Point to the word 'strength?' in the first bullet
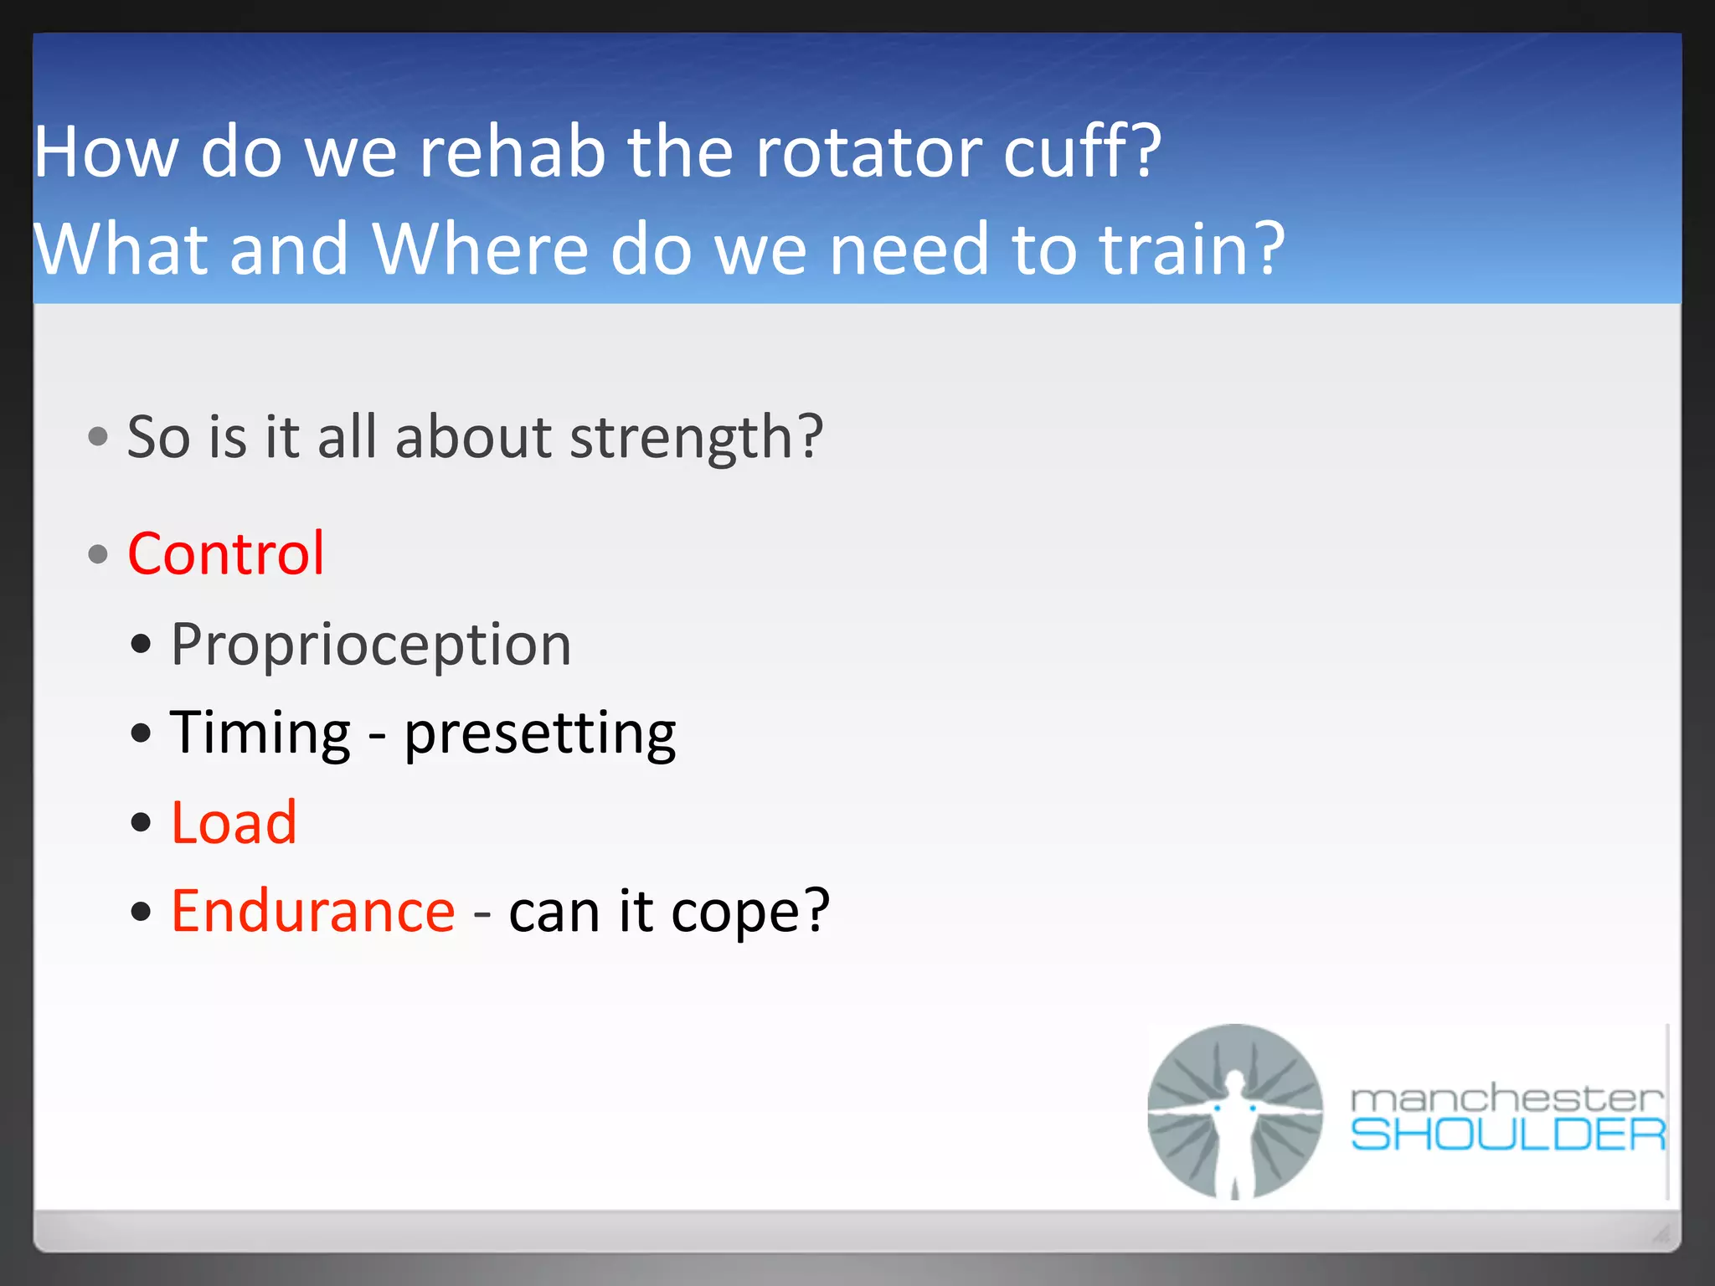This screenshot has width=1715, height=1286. tap(696, 438)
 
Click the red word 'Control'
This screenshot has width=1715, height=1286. tap(225, 553)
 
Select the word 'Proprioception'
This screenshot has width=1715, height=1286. tap(371, 645)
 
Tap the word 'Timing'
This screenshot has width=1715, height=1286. tap(260, 733)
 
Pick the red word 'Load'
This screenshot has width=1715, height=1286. tap(234, 822)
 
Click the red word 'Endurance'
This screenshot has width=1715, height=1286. tap(313, 911)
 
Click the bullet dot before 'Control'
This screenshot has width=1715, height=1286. tap(98, 554)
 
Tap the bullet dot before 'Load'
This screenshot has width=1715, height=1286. tap(142, 822)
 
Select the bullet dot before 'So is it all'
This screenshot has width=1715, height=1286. tap(98, 436)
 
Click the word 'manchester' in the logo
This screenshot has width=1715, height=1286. tap(1506, 1098)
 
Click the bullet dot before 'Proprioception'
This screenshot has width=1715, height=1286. tap(142, 645)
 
